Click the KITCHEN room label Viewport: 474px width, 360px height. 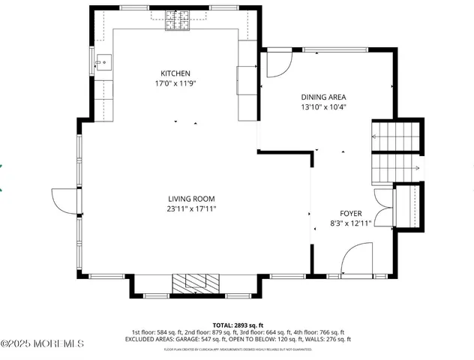click(x=175, y=73)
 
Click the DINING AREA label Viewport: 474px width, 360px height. click(x=323, y=97)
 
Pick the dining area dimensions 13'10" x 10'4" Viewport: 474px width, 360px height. click(x=323, y=107)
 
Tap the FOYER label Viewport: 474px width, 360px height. click(x=350, y=212)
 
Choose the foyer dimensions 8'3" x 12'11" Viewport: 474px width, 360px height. click(x=351, y=223)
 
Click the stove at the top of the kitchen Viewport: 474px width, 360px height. click(x=177, y=22)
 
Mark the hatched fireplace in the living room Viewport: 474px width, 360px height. click(x=196, y=282)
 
